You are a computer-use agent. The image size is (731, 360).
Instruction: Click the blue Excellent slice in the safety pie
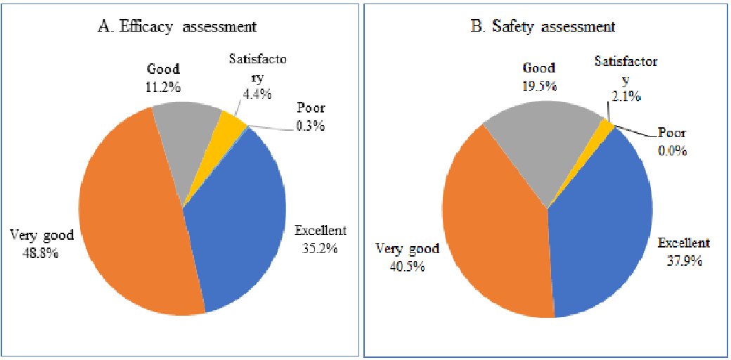pos(604,225)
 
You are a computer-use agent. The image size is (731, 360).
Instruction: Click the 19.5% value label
pos(539,86)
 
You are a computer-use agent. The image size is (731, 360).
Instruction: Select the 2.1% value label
pos(626,97)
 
